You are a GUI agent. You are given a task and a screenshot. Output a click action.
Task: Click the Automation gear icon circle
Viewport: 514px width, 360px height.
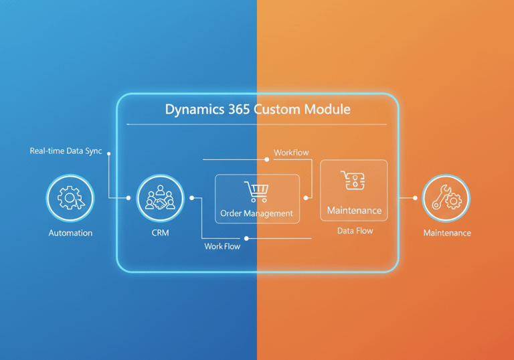pyautogui.click(x=70, y=198)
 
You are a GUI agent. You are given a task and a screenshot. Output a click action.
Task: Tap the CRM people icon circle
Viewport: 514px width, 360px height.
pyautogui.click(x=160, y=198)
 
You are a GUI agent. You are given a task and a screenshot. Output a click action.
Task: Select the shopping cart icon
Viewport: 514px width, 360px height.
pyautogui.click(x=256, y=192)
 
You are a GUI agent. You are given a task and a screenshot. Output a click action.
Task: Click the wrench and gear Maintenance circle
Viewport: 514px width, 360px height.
pyautogui.click(x=446, y=199)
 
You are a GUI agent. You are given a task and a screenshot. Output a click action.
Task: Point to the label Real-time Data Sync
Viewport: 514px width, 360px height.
pyautogui.click(x=66, y=151)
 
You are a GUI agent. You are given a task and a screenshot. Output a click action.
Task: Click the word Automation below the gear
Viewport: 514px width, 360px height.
pyautogui.click(x=70, y=233)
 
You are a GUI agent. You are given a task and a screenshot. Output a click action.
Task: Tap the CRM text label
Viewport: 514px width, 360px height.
pyautogui.click(x=160, y=233)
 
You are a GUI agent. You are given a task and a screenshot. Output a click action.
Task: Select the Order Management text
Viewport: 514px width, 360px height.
pyautogui.click(x=256, y=213)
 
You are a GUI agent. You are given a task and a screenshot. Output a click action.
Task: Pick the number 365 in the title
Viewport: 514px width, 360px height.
pyautogui.click(x=239, y=109)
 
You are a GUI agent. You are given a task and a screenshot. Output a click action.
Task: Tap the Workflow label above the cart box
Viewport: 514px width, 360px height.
pyautogui.click(x=291, y=153)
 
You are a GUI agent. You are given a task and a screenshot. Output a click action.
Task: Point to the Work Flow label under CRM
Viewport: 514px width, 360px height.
pyautogui.click(x=222, y=246)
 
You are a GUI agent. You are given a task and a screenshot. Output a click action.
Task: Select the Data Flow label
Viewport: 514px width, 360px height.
pyautogui.click(x=355, y=231)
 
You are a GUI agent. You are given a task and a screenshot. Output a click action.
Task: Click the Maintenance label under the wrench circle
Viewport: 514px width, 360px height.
pyautogui.click(x=446, y=233)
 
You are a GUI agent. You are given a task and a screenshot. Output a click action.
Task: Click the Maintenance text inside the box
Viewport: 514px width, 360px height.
pyautogui.click(x=354, y=211)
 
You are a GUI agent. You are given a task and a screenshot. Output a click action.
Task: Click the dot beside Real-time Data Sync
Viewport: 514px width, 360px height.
pyautogui.click(x=109, y=152)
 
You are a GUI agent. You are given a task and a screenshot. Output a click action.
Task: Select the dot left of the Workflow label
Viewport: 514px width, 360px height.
pyautogui.click(x=267, y=159)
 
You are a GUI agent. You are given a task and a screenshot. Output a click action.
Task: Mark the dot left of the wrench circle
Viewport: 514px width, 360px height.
pyautogui.click(x=415, y=198)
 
